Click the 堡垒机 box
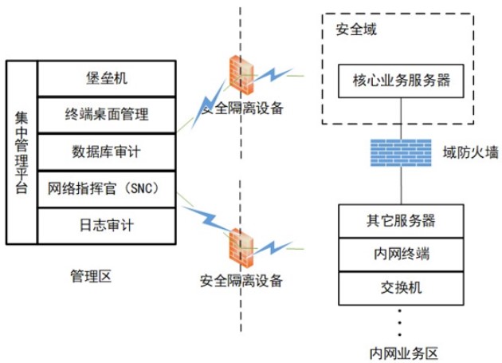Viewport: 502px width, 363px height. point(106,78)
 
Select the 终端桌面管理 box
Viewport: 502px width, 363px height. point(106,115)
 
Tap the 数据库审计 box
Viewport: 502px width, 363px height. point(106,152)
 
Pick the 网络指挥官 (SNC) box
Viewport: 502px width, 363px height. point(106,188)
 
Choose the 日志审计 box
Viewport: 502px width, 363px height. point(106,225)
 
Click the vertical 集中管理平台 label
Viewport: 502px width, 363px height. point(22,152)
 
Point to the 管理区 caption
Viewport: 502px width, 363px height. point(90,276)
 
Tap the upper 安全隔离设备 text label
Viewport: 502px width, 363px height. point(241,109)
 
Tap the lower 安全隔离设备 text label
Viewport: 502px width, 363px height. point(241,281)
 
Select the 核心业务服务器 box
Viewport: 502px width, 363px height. point(402,80)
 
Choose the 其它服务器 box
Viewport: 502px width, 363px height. point(402,219)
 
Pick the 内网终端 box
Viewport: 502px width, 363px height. point(402,253)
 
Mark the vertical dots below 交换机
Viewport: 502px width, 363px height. point(401,322)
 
